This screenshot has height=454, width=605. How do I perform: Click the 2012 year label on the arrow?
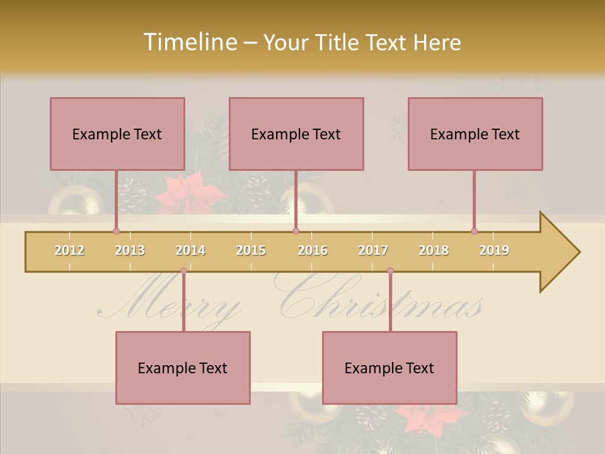pos(69,250)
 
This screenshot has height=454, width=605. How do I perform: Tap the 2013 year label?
pos(130,250)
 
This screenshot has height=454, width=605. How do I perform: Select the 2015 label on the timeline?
pos(251,250)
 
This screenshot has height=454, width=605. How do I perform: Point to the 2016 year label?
pos(313,250)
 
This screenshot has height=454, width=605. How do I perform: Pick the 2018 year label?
pos(434,250)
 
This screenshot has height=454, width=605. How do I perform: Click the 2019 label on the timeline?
pos(494,250)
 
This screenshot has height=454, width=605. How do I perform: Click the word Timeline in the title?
pos(188,42)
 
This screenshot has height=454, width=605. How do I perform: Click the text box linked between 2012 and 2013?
pos(117,134)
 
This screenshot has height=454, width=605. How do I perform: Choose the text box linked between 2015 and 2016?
pos(296,134)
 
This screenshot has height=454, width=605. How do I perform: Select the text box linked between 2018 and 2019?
pos(475,134)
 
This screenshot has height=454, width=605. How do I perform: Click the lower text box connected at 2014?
pos(183,368)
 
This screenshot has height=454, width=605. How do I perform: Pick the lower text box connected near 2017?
pos(389,368)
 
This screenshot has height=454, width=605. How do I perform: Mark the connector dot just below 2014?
pos(183,271)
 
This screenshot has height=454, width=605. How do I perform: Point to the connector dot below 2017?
pos(390,271)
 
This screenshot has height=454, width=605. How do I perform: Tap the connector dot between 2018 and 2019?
pos(474,231)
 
